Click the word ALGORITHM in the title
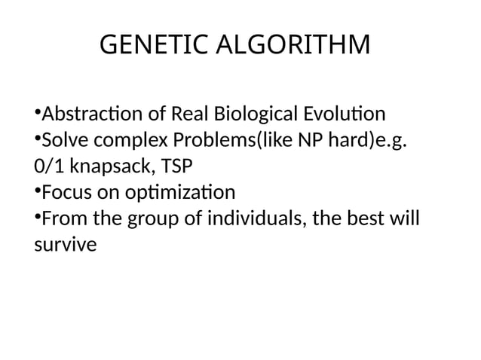[x=293, y=46]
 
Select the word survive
[x=66, y=245]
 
